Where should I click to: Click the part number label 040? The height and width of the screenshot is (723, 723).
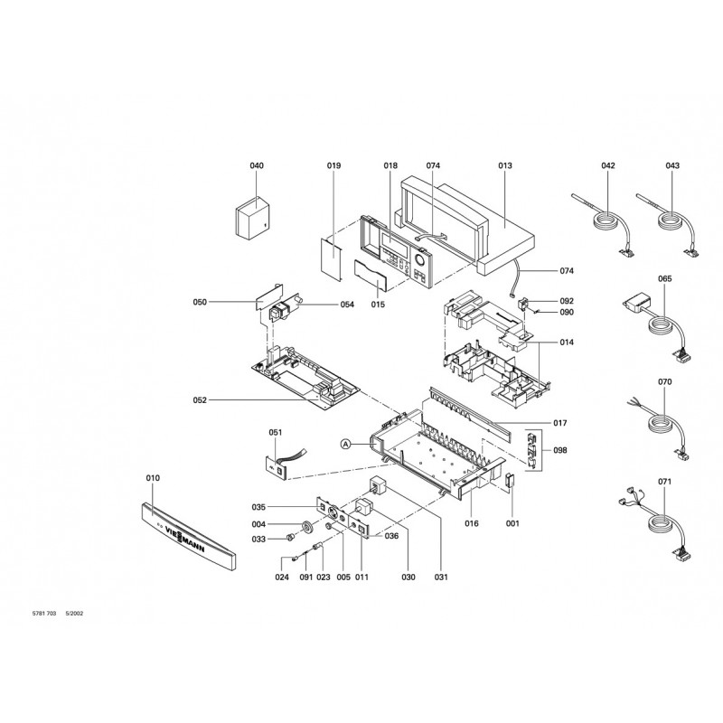(257, 166)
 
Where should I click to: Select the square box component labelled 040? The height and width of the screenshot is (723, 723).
(252, 219)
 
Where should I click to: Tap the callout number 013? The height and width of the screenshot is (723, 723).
(504, 166)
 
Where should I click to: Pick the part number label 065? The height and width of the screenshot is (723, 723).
(665, 280)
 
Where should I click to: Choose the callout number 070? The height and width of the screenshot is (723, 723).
(665, 382)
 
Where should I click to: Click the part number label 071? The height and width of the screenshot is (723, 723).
(665, 482)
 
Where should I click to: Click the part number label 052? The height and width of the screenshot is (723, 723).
(200, 399)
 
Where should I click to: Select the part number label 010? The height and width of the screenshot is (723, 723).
(152, 476)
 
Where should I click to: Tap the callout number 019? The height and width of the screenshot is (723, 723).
(333, 166)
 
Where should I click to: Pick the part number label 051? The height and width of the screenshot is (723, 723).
(276, 433)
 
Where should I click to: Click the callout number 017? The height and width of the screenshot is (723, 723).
(560, 422)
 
